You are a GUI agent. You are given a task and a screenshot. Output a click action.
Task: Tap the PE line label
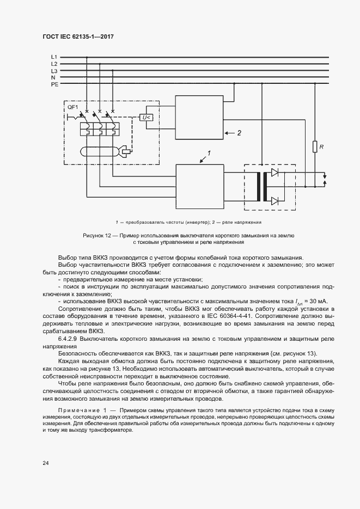[54, 85]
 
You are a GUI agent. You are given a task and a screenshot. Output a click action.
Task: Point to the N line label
[53, 78]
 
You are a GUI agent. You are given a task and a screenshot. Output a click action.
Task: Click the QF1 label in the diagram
[72, 107]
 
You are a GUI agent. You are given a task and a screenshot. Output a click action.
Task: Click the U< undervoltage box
[147, 118]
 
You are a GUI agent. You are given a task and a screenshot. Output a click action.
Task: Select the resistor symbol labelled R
[315, 146]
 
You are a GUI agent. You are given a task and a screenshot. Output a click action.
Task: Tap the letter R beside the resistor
[322, 146]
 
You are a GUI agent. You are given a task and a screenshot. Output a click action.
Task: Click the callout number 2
[239, 132]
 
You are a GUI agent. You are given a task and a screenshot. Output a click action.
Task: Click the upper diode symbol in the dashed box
[275, 173]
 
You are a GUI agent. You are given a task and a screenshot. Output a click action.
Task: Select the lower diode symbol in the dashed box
[275, 200]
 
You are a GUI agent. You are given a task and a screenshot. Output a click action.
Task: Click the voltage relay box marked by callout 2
[198, 118]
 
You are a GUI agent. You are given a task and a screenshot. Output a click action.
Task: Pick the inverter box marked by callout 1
[199, 186]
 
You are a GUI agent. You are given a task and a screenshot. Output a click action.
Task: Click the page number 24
[46, 463]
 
